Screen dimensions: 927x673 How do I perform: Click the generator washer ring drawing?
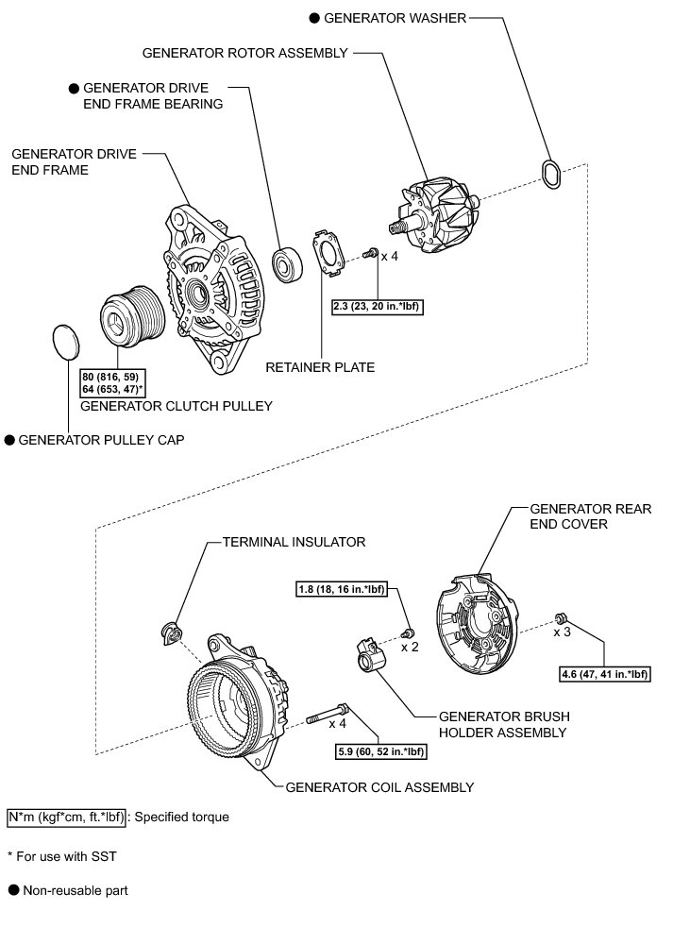[551, 176]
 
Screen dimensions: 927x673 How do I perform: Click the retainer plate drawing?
[327, 252]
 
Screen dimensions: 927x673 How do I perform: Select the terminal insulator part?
[169, 633]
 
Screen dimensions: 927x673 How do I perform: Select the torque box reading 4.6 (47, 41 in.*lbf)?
[604, 674]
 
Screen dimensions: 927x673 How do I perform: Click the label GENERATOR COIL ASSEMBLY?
[379, 786]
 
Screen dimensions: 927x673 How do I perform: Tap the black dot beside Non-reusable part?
[13, 890]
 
